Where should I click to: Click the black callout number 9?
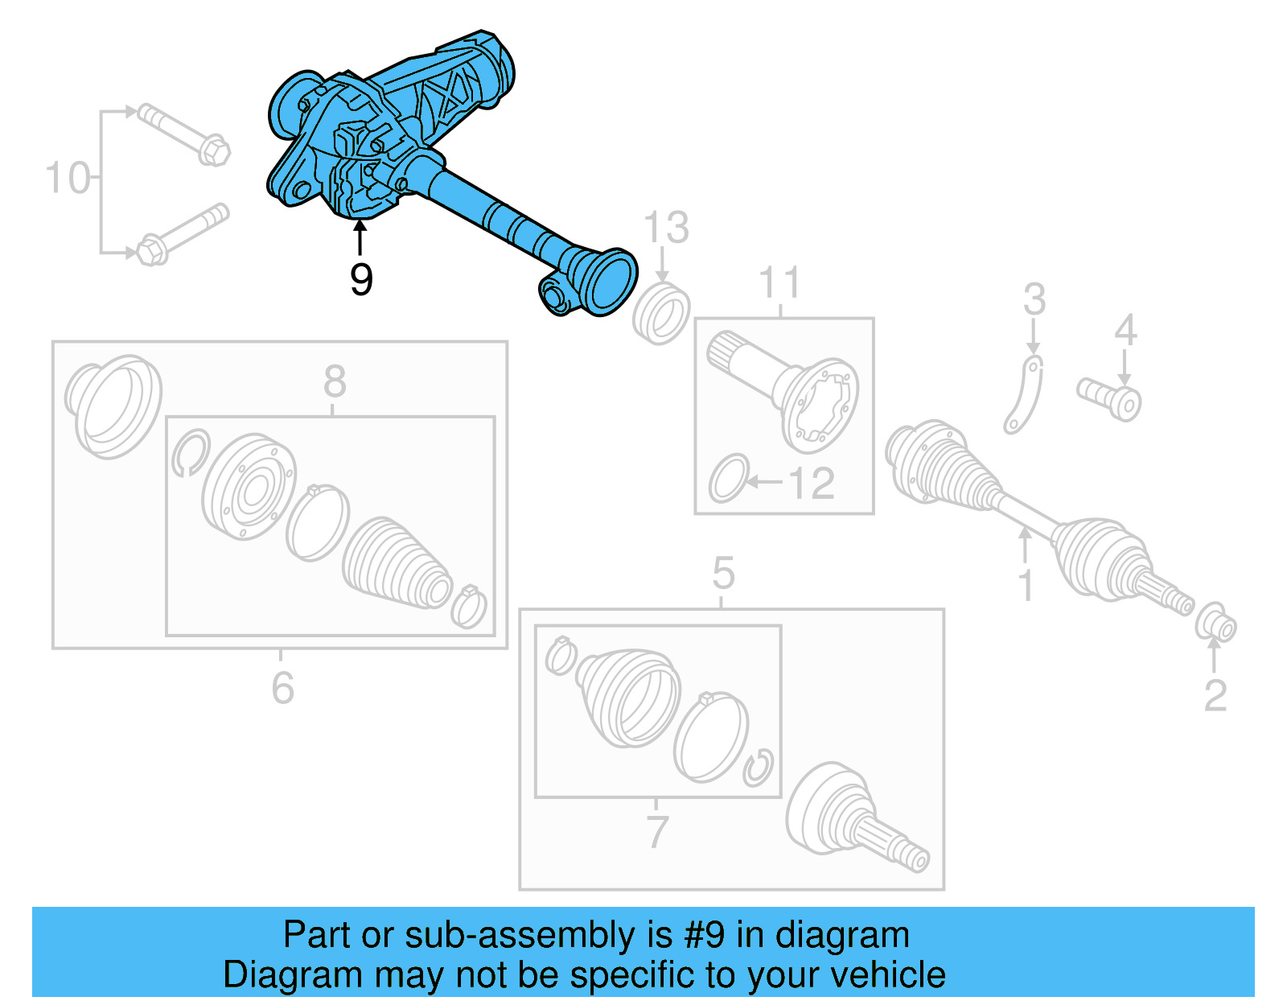tap(361, 279)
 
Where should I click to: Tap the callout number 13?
tap(666, 228)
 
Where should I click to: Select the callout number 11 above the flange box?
tap(780, 283)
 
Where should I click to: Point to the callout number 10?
tap(68, 178)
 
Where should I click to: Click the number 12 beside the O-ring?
tap(811, 484)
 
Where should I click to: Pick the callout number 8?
tap(335, 381)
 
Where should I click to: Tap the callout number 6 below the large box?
tap(282, 688)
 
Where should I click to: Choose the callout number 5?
tap(723, 574)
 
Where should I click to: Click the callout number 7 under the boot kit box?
tap(657, 832)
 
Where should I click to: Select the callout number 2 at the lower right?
tap(1215, 695)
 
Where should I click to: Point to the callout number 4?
tap(1125, 330)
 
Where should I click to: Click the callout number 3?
tap(1034, 299)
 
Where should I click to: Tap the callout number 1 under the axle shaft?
tap(1026, 585)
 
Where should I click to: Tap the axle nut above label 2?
tap(1215, 623)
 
